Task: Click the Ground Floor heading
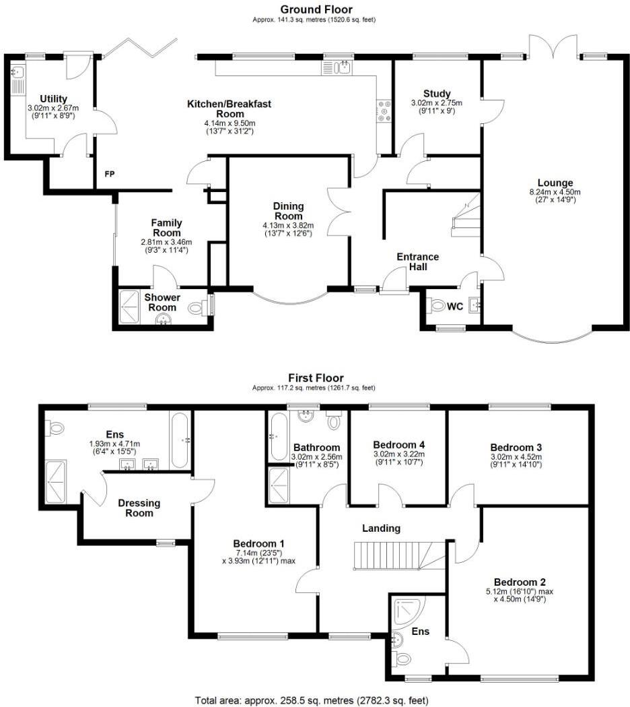pyautogui.click(x=316, y=9)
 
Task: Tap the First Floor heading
pyautogui.click(x=316, y=378)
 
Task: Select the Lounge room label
pyautogui.click(x=555, y=183)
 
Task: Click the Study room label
pyautogui.click(x=437, y=94)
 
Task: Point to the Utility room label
pyautogui.click(x=53, y=99)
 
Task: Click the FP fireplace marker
pyautogui.click(x=109, y=175)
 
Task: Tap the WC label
pyautogui.click(x=456, y=306)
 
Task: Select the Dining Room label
pyautogui.click(x=288, y=211)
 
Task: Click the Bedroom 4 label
pyautogui.click(x=399, y=445)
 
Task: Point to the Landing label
pyautogui.click(x=381, y=528)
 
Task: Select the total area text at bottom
pyautogui.click(x=311, y=700)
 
